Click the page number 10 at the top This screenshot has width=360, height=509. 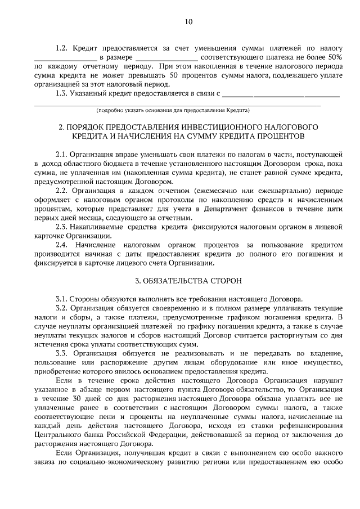click(x=188, y=22)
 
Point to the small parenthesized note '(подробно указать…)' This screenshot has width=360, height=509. click(x=173, y=110)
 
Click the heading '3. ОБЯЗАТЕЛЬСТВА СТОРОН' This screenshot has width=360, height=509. click(x=188, y=280)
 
